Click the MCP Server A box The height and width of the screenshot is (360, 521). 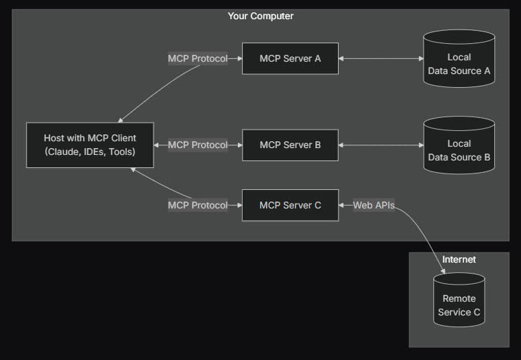click(x=290, y=58)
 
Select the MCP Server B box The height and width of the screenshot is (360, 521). click(x=290, y=145)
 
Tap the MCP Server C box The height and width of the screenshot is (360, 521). click(x=290, y=205)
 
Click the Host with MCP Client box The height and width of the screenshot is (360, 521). click(x=90, y=145)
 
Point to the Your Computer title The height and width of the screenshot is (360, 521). click(x=260, y=16)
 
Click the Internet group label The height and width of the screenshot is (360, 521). click(x=459, y=259)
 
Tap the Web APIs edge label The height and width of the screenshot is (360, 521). click(x=374, y=205)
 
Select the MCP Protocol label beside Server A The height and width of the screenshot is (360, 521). click(x=197, y=58)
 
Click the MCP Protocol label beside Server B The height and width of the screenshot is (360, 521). click(x=197, y=145)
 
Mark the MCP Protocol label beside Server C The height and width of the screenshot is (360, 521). click(x=197, y=205)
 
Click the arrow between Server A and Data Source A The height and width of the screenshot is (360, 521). click(x=380, y=58)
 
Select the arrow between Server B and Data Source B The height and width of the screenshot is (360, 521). click(x=380, y=145)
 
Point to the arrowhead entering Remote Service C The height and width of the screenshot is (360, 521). click(x=444, y=272)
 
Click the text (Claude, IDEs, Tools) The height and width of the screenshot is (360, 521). click(x=90, y=152)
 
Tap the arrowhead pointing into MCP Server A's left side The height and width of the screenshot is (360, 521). click(x=239, y=58)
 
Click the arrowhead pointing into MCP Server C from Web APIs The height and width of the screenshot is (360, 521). click(x=342, y=205)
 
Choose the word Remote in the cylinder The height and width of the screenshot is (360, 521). click(x=459, y=298)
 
